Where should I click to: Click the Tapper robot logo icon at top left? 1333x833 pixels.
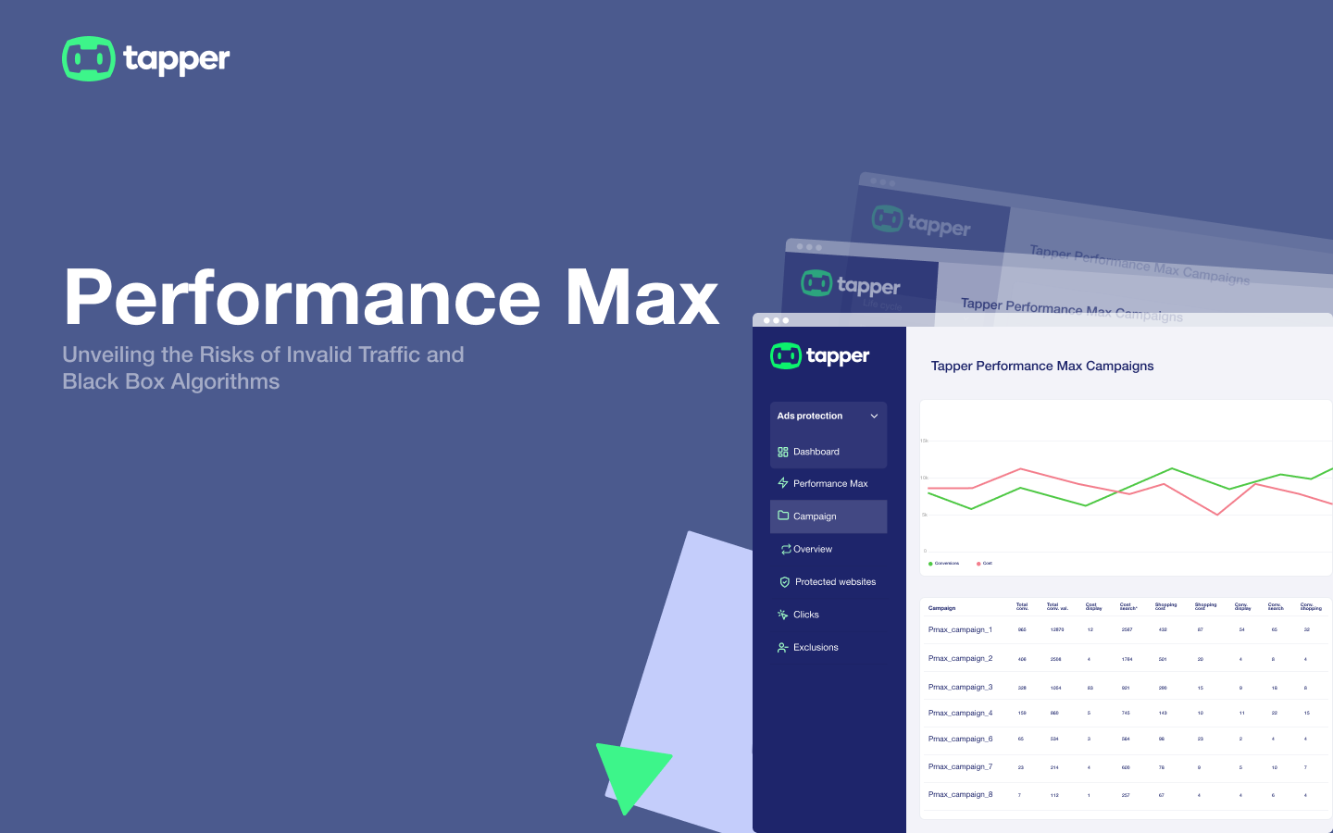click(88, 59)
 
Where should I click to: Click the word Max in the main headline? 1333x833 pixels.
click(642, 298)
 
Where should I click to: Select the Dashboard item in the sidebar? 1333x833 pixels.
click(816, 452)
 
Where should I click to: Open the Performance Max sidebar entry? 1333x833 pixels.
click(829, 483)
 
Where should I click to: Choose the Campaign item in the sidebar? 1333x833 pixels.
click(815, 516)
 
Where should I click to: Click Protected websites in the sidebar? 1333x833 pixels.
click(835, 582)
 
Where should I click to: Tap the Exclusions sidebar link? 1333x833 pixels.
click(816, 648)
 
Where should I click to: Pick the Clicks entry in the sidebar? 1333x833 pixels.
click(805, 615)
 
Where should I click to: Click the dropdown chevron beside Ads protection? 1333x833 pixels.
click(874, 416)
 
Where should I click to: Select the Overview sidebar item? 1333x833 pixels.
click(812, 550)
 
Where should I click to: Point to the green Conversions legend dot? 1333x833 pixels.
click(930, 564)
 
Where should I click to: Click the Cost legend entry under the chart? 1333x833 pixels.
click(985, 564)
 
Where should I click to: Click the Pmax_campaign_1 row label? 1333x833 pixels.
click(960, 629)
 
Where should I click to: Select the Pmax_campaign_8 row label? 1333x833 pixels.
click(960, 794)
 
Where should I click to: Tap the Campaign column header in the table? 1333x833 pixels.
click(941, 608)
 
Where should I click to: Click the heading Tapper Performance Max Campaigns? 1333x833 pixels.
click(1042, 366)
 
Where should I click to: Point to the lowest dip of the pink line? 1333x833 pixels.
click(1217, 515)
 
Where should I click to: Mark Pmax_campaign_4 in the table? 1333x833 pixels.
click(960, 713)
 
